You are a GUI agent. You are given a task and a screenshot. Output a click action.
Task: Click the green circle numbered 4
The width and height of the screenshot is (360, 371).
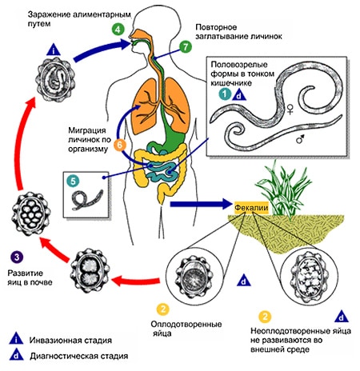118,29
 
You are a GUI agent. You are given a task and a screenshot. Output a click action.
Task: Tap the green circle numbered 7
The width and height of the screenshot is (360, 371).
186,46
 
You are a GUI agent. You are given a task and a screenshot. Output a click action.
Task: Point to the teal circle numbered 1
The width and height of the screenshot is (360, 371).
225,94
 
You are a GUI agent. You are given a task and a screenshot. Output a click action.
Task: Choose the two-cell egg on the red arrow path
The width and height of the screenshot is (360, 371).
90,269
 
